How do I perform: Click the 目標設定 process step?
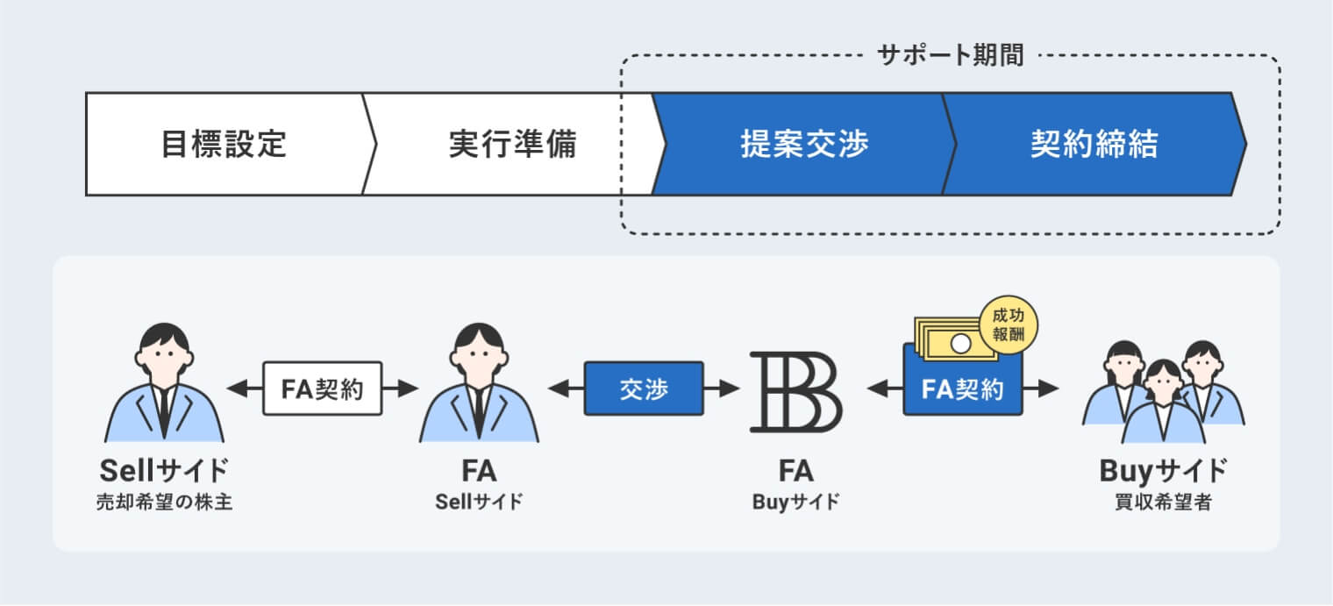(224, 144)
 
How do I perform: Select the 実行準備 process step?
(512, 144)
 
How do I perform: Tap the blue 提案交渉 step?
(804, 144)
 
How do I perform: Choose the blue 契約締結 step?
(1094, 144)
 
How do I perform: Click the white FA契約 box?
(323, 389)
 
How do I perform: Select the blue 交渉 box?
(644, 389)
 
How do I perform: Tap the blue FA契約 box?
(963, 389)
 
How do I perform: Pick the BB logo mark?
(795, 392)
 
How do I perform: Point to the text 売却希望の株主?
(164, 503)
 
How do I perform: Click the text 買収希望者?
(1163, 503)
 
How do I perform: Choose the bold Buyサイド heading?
(1163, 471)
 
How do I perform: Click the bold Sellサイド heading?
(164, 471)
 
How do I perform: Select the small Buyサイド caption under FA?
(795, 503)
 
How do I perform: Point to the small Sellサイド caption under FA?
(479, 503)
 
